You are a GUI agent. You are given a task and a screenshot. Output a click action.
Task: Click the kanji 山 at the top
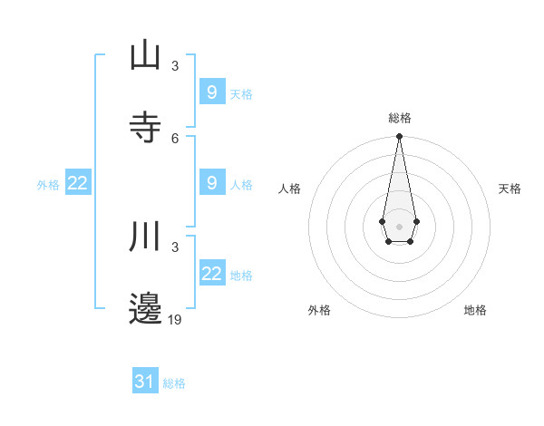145,56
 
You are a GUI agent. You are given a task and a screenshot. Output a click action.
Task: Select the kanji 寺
145,127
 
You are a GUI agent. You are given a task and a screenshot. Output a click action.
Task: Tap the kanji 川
145,238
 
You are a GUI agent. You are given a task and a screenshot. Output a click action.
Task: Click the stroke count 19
175,319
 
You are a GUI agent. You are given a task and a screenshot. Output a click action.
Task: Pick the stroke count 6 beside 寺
175,138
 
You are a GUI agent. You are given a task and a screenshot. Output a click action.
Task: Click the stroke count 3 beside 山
175,66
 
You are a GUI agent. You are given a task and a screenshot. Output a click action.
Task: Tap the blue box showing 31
145,382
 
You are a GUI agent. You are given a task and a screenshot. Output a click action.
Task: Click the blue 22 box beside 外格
78,183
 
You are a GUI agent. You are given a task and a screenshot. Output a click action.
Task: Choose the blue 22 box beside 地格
212,274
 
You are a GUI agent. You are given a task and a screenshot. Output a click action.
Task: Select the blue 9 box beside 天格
212,92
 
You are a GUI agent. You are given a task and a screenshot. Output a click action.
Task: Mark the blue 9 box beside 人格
212,183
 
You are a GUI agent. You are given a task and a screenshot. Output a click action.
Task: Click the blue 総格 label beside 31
174,383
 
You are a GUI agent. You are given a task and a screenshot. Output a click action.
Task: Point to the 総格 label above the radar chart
399,118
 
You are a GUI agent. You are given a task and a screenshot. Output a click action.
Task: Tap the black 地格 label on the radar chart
475,310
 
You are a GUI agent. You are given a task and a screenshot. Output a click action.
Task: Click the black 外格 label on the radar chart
319,310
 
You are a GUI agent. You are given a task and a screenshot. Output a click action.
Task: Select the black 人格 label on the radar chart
289,189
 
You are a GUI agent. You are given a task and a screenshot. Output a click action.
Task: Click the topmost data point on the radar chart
399,136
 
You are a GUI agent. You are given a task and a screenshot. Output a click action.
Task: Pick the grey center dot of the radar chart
399,225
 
